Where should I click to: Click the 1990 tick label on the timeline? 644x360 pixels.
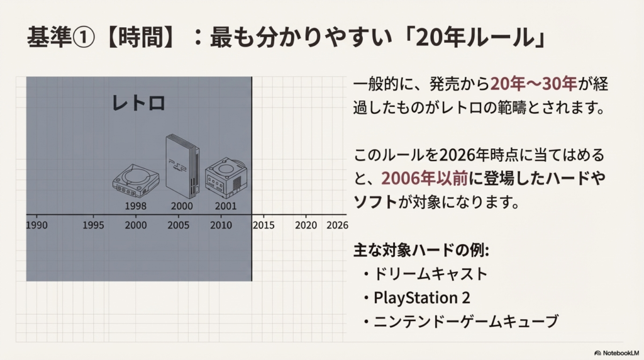click(x=36, y=225)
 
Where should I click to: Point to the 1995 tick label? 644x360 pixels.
click(x=93, y=225)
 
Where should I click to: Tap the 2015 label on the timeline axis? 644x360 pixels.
click(x=264, y=225)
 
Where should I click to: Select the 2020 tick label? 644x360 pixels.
click(x=306, y=225)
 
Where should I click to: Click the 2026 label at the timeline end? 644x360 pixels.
click(x=337, y=225)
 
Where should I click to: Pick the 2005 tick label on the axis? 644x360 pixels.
click(x=178, y=225)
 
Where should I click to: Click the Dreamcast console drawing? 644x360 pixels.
click(x=136, y=181)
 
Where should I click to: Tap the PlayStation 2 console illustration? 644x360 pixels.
click(x=182, y=166)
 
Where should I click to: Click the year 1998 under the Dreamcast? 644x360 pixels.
click(x=136, y=206)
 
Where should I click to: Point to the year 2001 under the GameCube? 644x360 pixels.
click(x=226, y=206)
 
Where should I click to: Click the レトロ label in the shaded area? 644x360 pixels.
click(x=138, y=103)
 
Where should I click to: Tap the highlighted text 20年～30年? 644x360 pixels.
click(x=533, y=84)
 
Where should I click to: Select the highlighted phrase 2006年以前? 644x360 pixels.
click(x=425, y=178)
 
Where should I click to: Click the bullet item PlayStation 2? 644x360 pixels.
click(x=421, y=298)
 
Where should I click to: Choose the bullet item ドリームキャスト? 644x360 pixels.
click(x=430, y=274)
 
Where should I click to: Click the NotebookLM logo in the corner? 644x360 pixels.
click(x=616, y=353)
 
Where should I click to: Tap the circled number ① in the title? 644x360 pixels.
click(x=84, y=37)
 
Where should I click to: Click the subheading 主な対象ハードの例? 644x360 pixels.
click(x=421, y=250)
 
